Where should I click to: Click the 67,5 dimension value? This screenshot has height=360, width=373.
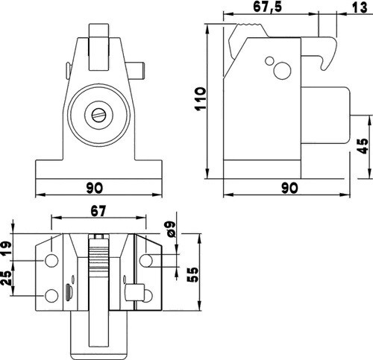[x=268, y=7]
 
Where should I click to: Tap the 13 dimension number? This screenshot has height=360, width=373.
[x=360, y=7]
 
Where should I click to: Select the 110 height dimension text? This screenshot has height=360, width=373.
[x=201, y=99]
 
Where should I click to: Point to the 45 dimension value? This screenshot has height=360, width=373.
[x=362, y=146]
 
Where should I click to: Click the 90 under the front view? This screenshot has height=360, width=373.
[x=95, y=188]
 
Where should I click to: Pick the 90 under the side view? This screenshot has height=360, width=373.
[x=289, y=188]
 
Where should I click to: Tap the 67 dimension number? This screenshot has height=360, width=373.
[x=98, y=211]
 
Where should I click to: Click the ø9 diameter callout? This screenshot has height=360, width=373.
[x=171, y=229]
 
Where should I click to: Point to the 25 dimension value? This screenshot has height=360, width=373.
[x=6, y=278]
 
